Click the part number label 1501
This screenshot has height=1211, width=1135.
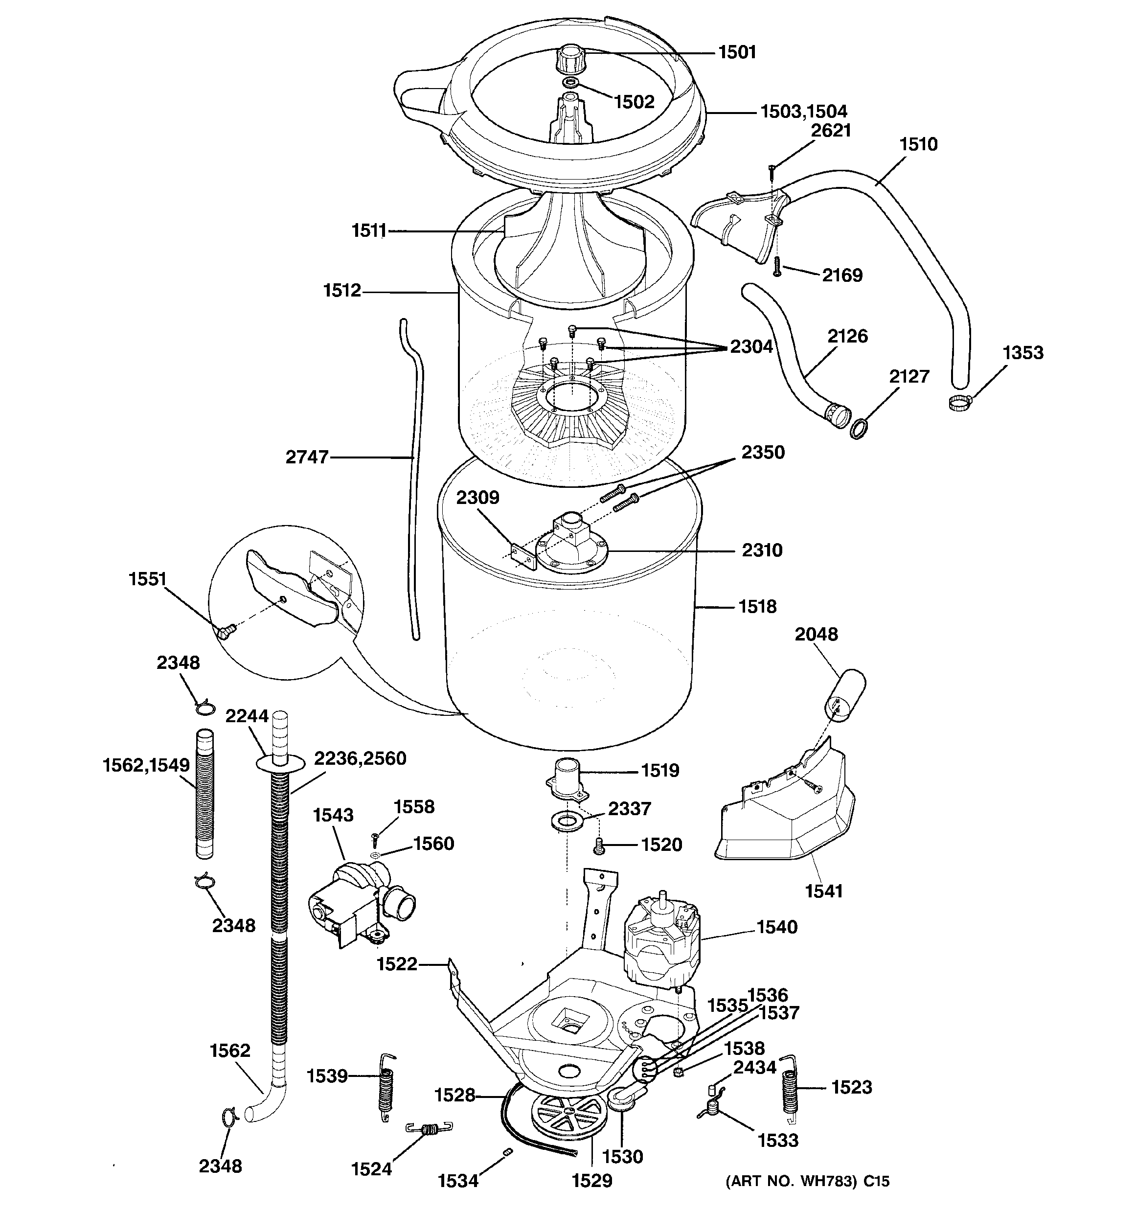[737, 52]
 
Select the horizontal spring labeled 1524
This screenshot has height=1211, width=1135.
[429, 1128]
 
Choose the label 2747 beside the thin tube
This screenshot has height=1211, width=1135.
[307, 457]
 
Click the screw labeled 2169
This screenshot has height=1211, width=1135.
[777, 267]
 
